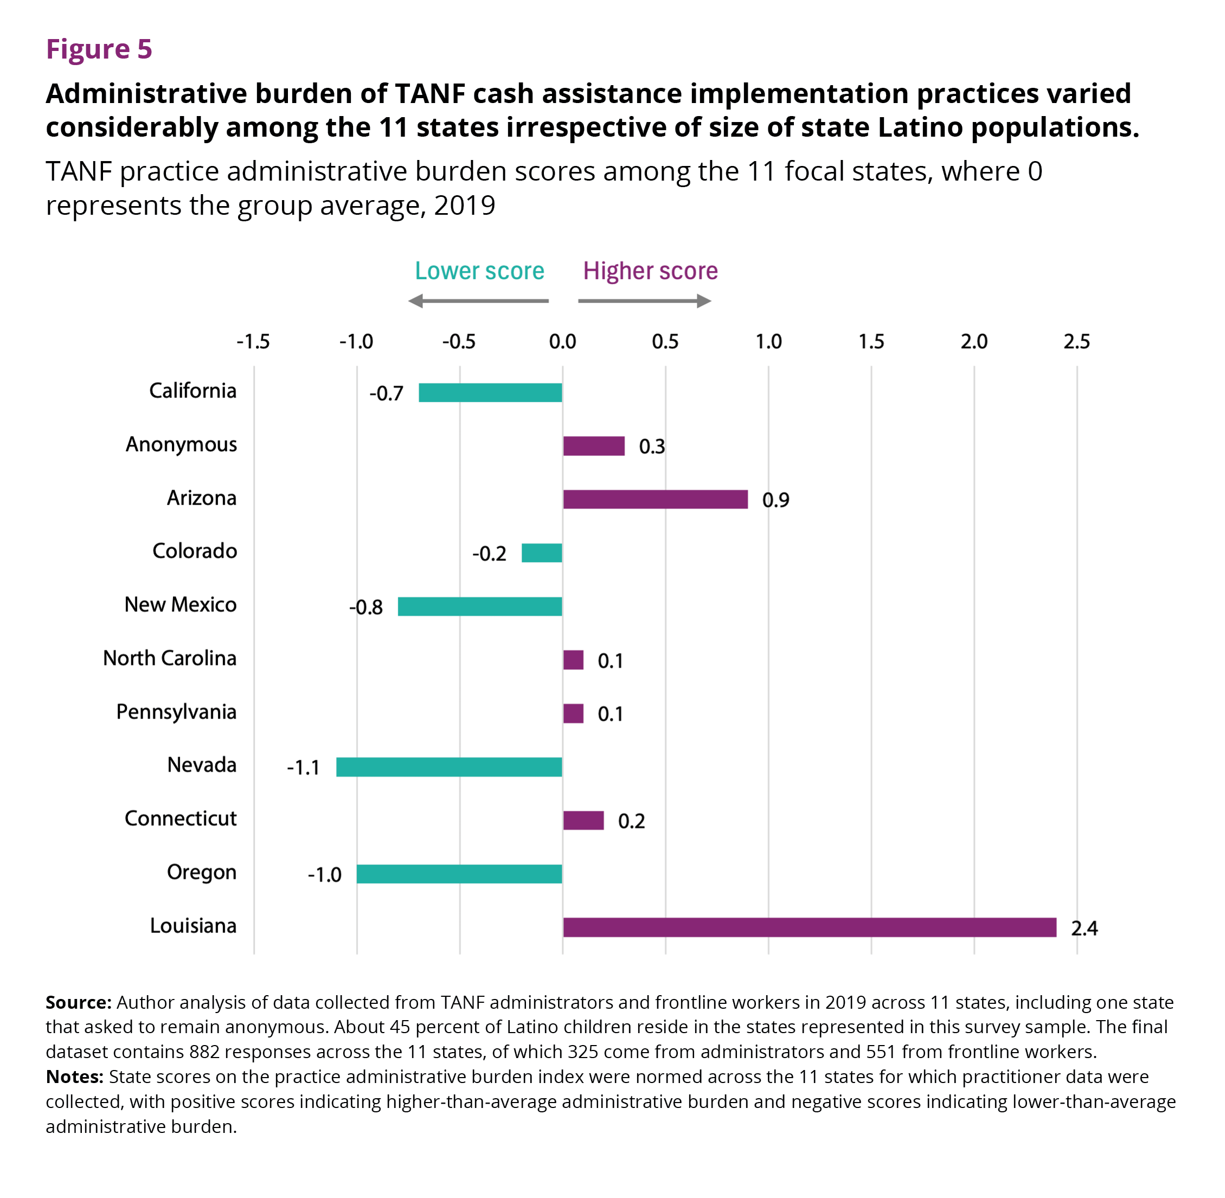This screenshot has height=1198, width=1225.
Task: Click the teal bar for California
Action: pos(490,393)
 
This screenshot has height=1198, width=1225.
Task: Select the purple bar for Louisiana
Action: pos(810,927)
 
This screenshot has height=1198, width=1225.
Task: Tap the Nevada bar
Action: pos(449,767)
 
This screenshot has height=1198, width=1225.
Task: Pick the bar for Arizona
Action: pos(656,499)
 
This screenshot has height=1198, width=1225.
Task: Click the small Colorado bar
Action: pos(542,553)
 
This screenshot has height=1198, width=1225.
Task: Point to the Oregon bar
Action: pos(459,874)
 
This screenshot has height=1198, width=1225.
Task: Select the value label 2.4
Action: pos(1085,928)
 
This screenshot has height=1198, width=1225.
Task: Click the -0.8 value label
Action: pos(366,607)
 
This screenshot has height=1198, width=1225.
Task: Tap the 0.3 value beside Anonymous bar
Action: pos(652,447)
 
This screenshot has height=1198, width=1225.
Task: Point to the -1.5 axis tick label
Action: pos(253,342)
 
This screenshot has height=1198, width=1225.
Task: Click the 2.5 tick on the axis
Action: pos(1077,342)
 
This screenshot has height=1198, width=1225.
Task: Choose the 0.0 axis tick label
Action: pos(562,342)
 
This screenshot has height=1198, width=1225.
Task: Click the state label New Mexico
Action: pos(181,605)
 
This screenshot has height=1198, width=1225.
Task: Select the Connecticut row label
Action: pos(181,818)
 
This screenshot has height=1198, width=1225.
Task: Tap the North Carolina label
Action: pos(170,658)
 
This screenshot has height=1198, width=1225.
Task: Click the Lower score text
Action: pos(479,271)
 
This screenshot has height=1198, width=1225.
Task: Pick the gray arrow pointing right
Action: pos(645,301)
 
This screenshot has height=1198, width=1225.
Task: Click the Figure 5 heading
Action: pos(99,49)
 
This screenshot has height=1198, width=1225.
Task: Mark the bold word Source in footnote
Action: pos(79,1002)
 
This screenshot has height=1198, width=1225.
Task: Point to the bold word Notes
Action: pos(75,1077)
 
